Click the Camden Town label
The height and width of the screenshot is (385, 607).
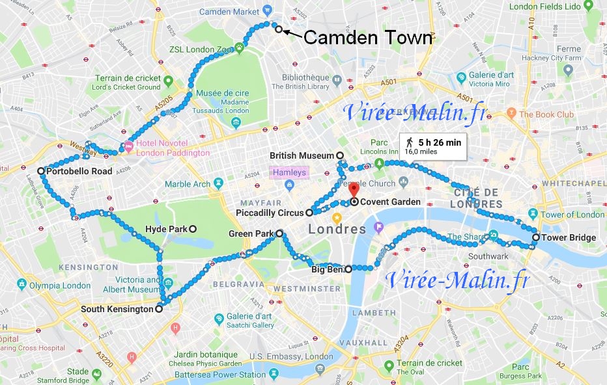368,38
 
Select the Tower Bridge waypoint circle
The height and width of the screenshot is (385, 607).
535,237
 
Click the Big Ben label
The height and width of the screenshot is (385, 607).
327,269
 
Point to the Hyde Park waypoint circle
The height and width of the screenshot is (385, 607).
193,229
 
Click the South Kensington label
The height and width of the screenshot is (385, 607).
116,310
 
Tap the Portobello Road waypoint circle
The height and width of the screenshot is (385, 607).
41,171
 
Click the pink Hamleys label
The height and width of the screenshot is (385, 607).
287,173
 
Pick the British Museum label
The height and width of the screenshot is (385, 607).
302,155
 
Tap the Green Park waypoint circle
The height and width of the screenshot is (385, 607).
279,233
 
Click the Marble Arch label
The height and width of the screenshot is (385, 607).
187,184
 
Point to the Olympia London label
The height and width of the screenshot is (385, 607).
59,285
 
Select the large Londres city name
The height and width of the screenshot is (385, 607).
337,230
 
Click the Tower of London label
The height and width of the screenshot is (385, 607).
572,215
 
